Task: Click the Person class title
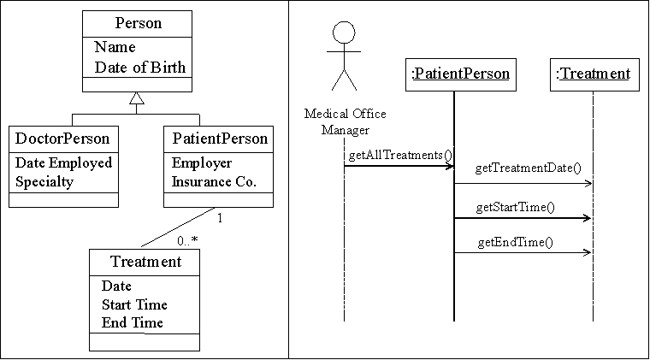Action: (139, 23)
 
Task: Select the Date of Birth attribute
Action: (140, 67)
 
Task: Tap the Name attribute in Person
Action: (115, 47)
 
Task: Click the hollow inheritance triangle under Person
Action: (137, 98)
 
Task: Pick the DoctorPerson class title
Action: (62, 139)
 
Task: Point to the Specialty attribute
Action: (44, 181)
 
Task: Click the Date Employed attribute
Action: (64, 162)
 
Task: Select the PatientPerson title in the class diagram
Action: (220, 139)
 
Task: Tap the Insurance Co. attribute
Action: (214, 181)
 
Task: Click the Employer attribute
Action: (202, 162)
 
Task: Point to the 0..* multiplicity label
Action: (187, 240)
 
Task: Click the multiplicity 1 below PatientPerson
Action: (220, 218)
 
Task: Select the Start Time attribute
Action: (134, 304)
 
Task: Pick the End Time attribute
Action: (133, 322)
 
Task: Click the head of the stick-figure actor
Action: (344, 32)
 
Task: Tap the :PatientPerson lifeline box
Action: (461, 74)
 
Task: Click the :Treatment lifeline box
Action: (594, 74)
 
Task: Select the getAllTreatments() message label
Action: (400, 155)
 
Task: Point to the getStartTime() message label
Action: (515, 207)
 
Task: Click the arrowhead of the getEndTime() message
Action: (588, 252)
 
